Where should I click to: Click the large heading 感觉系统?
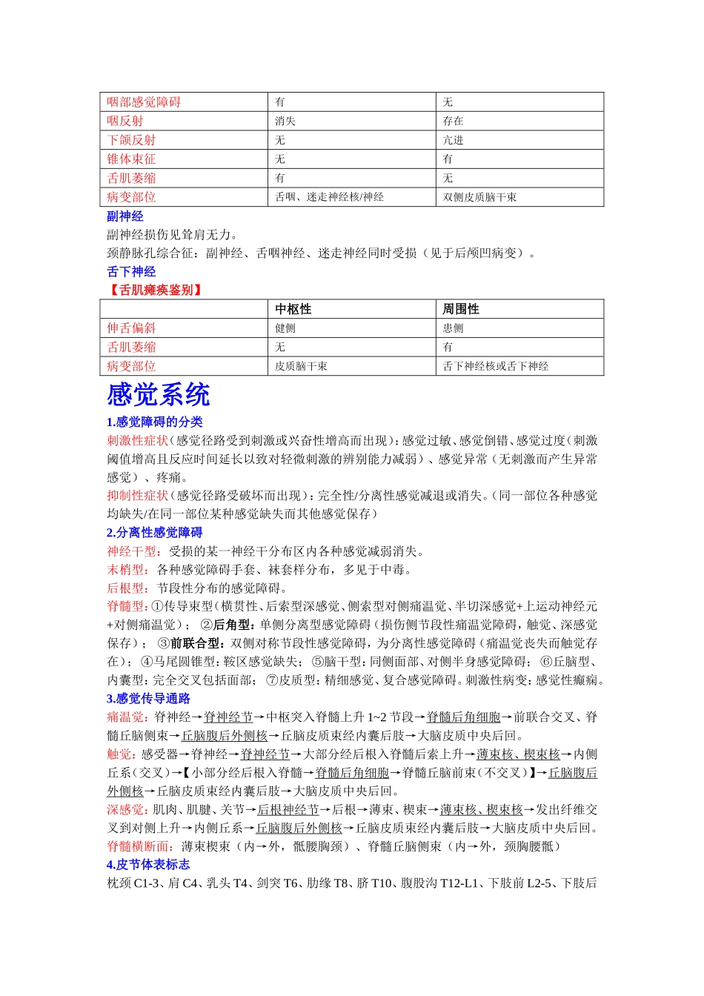coord(159,395)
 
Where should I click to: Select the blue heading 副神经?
coord(124,216)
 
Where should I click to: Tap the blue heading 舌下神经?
coord(131,272)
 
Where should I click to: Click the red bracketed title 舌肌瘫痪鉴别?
coord(156,290)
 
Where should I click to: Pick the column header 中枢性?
coord(293,309)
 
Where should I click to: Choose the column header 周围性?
coord(461,309)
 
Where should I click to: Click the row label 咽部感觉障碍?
coord(144,102)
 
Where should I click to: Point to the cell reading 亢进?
coord(453,140)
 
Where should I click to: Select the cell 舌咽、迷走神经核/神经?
coord(329,197)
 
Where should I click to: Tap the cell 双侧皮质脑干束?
coord(479,197)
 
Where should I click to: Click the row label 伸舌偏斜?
coord(131,328)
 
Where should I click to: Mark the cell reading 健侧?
coord(285,328)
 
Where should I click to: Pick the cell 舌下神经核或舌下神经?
coord(495,366)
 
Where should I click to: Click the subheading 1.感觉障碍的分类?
coord(155,422)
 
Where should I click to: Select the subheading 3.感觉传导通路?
coord(148,699)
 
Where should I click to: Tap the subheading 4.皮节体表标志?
coord(148,865)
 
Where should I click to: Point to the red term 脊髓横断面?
coord(138,846)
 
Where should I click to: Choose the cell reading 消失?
coord(285,121)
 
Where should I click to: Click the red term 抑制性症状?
coord(137,496)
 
